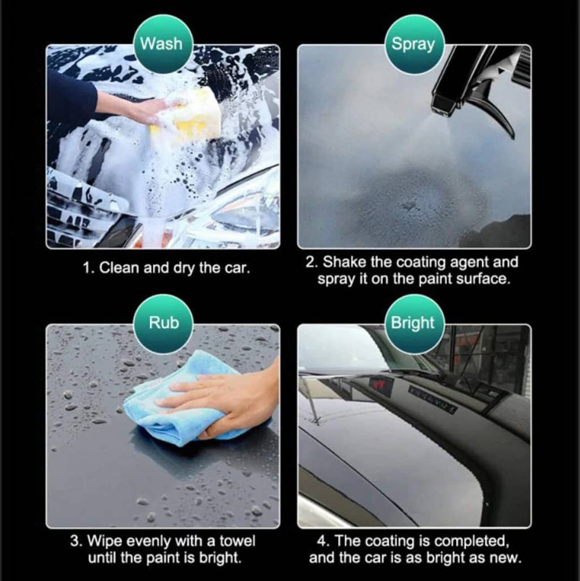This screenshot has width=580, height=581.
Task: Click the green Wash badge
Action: tap(163, 44)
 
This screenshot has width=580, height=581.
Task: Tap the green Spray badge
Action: tap(414, 44)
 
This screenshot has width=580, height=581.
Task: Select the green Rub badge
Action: tap(163, 323)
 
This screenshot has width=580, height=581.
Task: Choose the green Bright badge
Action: tap(414, 323)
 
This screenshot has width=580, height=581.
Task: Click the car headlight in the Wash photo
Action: tap(241, 215)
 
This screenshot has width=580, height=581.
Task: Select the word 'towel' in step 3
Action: tap(237, 541)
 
